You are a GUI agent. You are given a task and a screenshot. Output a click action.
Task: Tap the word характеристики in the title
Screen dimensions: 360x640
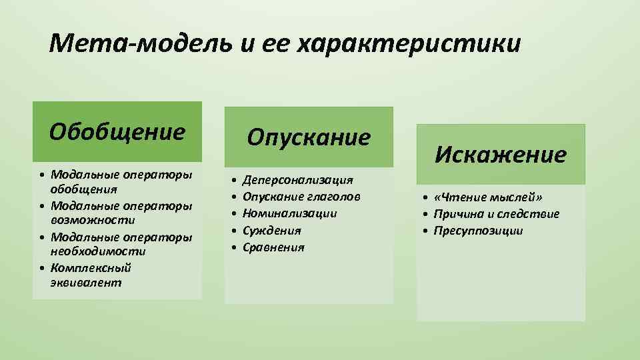tap(408, 44)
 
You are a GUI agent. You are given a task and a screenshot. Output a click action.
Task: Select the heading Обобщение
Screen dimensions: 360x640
tap(117, 131)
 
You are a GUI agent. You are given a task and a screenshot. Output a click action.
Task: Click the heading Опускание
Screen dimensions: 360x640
tap(309, 137)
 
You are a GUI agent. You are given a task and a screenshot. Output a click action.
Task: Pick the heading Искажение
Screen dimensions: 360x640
tap(501, 155)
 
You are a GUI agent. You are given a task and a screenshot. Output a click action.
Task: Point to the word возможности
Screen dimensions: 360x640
tap(93, 219)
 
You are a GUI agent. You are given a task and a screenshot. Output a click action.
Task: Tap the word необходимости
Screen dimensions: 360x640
tap(98, 251)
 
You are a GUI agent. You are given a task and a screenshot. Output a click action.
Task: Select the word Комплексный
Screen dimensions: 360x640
tap(91, 267)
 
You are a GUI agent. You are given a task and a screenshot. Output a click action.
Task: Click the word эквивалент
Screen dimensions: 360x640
tap(86, 283)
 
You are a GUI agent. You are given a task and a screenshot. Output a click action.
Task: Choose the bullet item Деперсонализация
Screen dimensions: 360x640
tap(297, 180)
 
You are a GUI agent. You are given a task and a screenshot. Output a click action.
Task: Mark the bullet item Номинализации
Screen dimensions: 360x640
tap(289, 213)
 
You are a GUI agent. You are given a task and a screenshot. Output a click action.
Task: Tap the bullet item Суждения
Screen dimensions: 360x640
tap(272, 231)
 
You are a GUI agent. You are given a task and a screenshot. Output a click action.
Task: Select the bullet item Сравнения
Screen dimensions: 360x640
tap(273, 247)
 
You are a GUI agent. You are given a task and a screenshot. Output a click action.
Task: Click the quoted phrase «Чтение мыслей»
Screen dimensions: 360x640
tap(488, 197)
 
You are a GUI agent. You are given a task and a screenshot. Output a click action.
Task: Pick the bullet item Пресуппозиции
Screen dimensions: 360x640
tap(478, 231)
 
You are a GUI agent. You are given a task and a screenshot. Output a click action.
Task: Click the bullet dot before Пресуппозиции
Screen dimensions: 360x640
tap(425, 231)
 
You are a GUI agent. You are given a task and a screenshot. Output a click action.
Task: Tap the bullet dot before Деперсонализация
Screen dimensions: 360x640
tap(233, 180)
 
